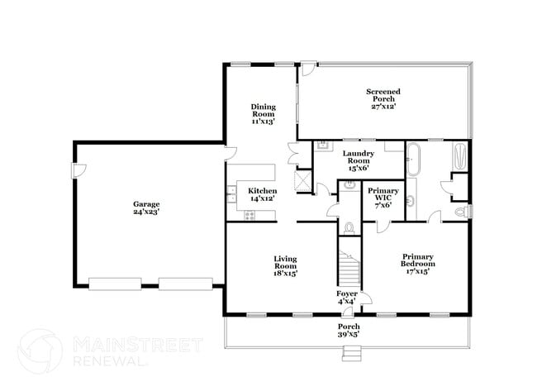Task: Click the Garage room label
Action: [146, 204]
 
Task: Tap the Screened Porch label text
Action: [383, 95]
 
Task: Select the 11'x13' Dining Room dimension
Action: [263, 122]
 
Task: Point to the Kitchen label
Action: [263, 191]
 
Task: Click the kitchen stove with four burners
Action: [249, 216]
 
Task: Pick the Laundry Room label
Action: [359, 157]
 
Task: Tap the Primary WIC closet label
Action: [383, 194]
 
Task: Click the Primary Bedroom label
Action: [418, 260]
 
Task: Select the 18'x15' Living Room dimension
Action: [285, 274]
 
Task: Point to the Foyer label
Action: [347, 293]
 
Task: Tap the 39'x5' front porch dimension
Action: [349, 335]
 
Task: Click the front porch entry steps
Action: [352, 354]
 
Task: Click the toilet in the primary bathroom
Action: [461, 212]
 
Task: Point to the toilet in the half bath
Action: [349, 227]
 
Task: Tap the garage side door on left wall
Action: [78, 170]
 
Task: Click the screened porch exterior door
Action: [307, 69]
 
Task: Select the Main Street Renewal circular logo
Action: [40, 350]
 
